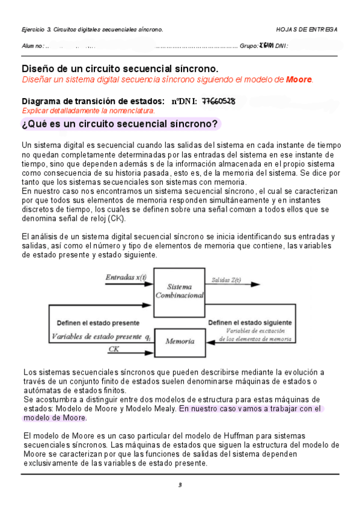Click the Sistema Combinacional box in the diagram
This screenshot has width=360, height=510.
(180, 292)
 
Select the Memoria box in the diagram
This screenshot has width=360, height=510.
(180, 341)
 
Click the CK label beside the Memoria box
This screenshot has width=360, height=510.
(114, 349)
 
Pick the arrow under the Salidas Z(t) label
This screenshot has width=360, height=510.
(234, 285)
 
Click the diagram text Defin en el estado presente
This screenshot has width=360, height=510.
(97, 323)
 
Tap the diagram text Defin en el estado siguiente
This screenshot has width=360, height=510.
(251, 323)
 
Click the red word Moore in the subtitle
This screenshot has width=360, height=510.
(299, 79)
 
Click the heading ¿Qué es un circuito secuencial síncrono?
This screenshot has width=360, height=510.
(120, 124)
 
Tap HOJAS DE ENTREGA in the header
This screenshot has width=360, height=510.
(307, 29)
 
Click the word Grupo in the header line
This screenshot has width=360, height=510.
(248, 46)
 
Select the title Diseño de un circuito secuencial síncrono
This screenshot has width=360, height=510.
(120, 69)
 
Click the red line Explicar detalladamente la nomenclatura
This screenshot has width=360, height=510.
(88, 111)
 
